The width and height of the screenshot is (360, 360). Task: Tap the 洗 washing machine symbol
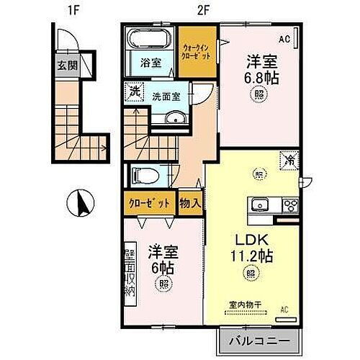point(134,91)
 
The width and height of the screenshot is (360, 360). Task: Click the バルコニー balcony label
point(260,339)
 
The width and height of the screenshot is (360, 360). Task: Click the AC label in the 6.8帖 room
point(285,38)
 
